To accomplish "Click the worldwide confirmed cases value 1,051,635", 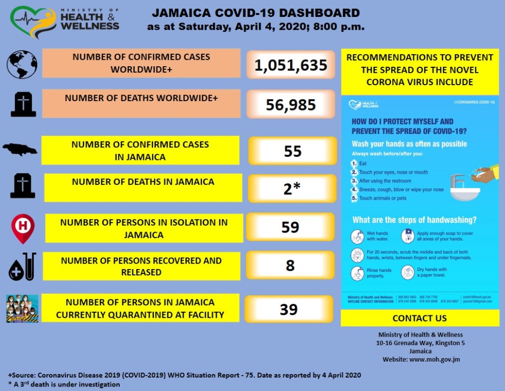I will pyautogui.click(x=291, y=65).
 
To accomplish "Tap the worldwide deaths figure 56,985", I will pyautogui.click(x=291, y=105).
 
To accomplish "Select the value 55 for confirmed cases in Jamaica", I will pyautogui.click(x=293, y=151).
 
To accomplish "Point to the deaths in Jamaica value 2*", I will pyautogui.click(x=292, y=188).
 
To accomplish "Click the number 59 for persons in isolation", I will pyautogui.click(x=290, y=227).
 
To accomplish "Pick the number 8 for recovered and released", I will pyautogui.click(x=290, y=265).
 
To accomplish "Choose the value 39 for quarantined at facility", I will pyautogui.click(x=289, y=309).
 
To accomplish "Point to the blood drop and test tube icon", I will pyautogui.click(x=22, y=266).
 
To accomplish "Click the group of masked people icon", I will pyautogui.click(x=22, y=309).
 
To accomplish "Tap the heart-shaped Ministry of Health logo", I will pyautogui.click(x=31, y=22).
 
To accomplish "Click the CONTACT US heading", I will pyautogui.click(x=420, y=318).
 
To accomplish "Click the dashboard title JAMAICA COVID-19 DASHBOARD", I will pyautogui.click(x=256, y=13).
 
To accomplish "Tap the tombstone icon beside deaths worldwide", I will pyautogui.click(x=23, y=105).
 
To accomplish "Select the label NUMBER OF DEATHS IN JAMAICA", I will pyautogui.click(x=143, y=182).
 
